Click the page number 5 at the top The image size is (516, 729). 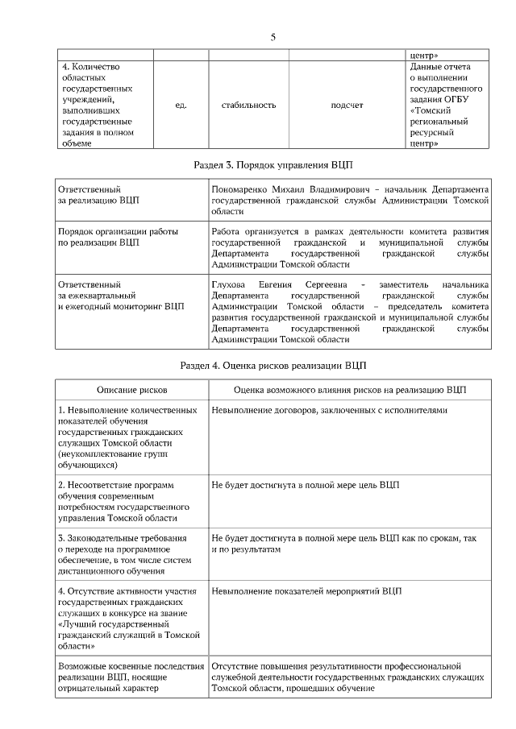(x=273, y=37)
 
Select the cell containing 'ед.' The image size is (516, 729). (x=181, y=105)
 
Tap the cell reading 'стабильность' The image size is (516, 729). (x=248, y=105)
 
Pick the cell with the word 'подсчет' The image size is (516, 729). (x=347, y=105)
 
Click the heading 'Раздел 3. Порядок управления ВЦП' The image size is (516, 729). (x=273, y=164)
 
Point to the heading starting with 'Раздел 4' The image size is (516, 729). (x=273, y=365)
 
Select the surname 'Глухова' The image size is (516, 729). (x=227, y=284)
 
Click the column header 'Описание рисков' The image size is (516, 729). (x=131, y=389)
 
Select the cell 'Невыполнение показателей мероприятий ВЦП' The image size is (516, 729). (x=306, y=591)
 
